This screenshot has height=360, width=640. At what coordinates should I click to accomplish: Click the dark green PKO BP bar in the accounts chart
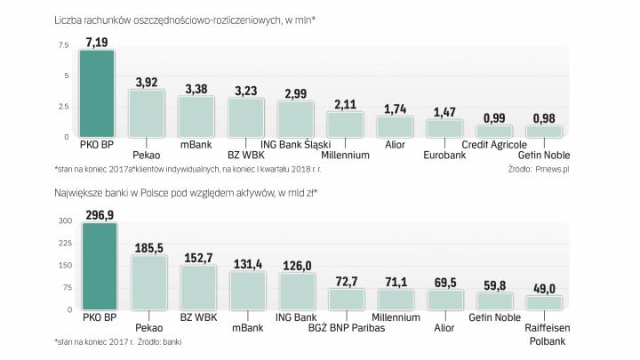pos(97,93)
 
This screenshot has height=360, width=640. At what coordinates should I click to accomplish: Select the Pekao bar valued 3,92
pos(147,113)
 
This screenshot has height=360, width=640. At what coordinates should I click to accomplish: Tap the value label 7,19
pos(97,41)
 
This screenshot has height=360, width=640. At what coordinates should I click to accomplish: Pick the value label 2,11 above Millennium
pos(344,104)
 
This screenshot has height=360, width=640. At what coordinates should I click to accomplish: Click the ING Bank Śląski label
pos(297,145)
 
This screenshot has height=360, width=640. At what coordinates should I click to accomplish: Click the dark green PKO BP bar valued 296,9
pos(98,266)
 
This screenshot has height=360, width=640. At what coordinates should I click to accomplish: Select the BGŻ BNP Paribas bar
pos(345,299)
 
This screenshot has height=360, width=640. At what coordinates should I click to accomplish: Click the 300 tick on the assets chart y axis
pos(63,220)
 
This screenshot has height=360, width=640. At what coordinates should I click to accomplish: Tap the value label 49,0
pos(545,288)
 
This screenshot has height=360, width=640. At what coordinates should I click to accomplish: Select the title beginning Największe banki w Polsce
pos(186,192)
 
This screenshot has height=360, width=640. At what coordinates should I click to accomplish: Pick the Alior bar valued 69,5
pos(445,300)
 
